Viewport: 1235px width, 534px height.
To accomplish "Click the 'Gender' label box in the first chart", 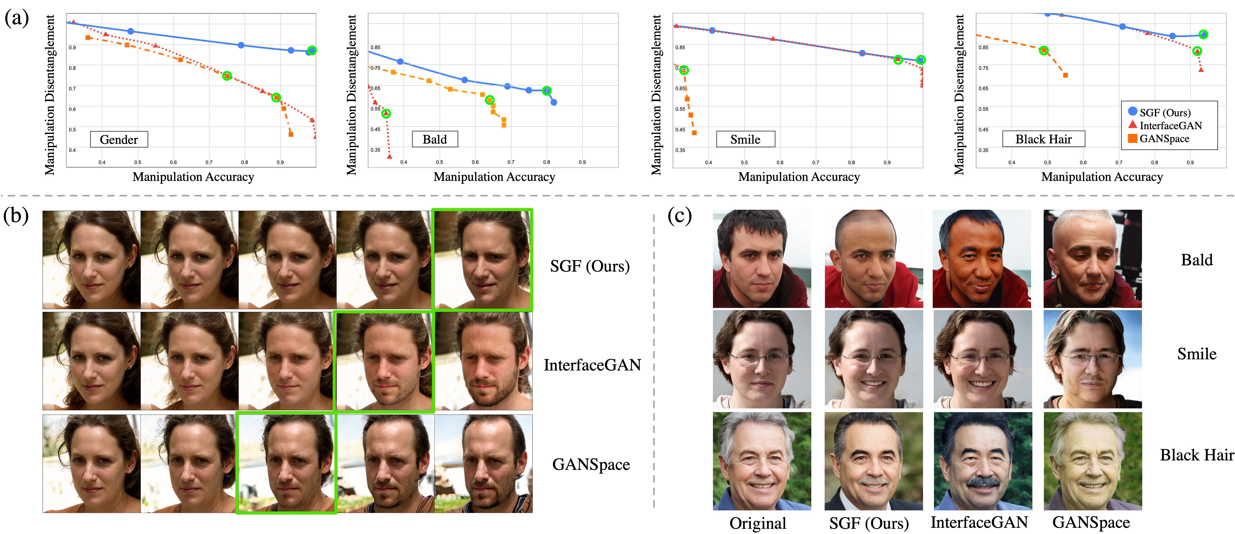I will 119,139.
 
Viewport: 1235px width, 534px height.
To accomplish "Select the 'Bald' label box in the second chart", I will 435,139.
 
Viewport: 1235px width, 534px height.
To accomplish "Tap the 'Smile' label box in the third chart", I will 746,139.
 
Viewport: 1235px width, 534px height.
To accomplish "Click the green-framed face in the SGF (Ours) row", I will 482,260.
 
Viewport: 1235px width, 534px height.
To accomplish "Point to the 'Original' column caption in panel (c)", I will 758,523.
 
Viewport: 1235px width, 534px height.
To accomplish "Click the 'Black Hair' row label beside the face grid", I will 1196,454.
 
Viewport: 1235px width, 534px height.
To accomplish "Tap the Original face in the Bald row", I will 761,259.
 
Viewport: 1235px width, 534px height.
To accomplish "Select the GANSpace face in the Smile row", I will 1093,359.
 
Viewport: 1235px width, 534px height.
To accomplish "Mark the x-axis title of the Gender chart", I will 193,177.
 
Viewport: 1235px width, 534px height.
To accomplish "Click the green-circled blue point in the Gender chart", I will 312,50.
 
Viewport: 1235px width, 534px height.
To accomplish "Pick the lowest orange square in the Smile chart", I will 694,133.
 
